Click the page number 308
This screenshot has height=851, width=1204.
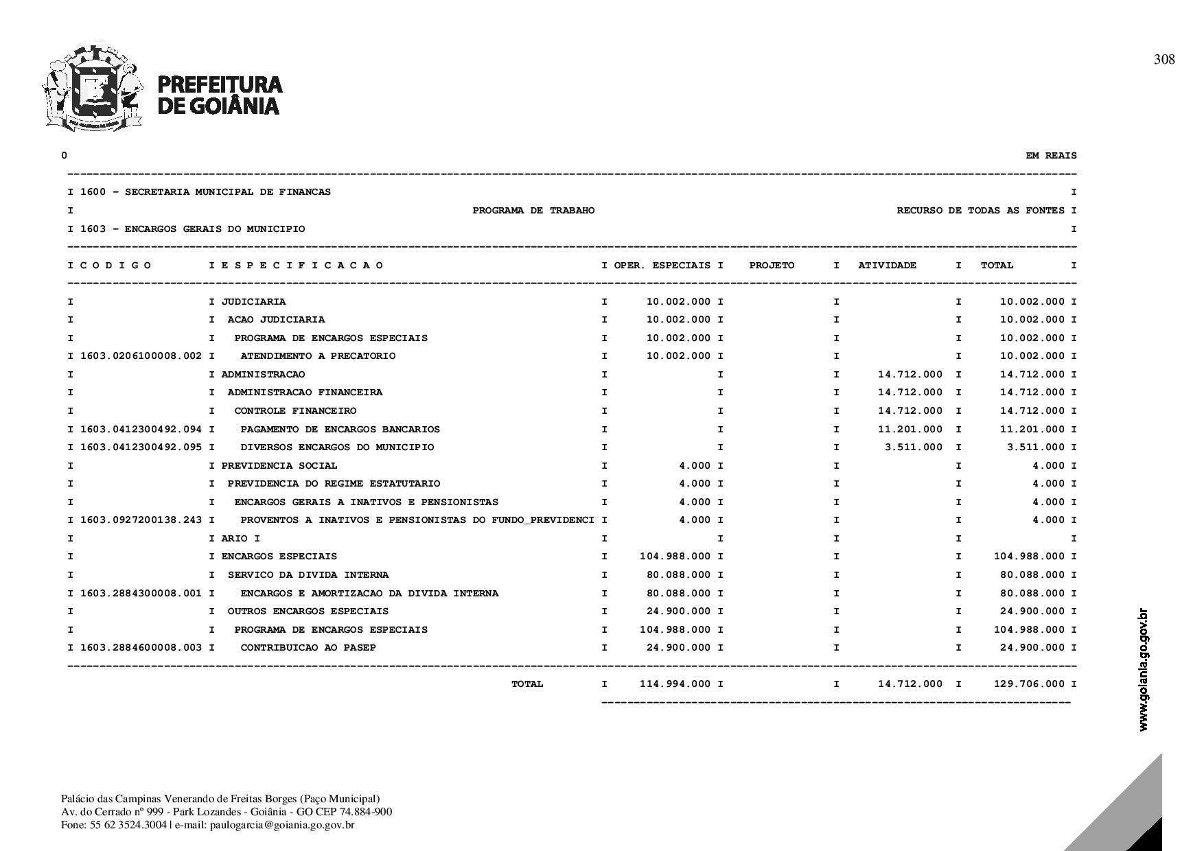[x=1164, y=60]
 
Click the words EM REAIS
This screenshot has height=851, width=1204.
[x=1051, y=156]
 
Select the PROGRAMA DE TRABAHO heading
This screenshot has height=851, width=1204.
[x=533, y=211]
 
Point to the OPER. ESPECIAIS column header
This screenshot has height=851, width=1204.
[x=662, y=266]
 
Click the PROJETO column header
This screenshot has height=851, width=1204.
[x=772, y=266]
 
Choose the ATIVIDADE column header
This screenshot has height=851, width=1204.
[x=887, y=266]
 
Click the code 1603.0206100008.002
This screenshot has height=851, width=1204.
[x=141, y=356]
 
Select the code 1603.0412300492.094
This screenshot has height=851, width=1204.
[x=141, y=430]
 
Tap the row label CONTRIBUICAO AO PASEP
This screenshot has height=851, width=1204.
[x=308, y=648]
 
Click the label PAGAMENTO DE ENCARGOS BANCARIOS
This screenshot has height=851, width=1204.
[x=340, y=430]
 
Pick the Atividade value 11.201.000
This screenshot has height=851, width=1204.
[x=910, y=430]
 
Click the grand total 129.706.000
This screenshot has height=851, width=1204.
[x=1029, y=684]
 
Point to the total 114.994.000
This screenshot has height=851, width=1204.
[x=675, y=684]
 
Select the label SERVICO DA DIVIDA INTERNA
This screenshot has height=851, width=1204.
[x=308, y=575]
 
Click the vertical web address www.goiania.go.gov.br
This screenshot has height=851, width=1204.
[x=1143, y=669]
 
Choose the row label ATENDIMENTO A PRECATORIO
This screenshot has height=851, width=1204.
[x=318, y=356]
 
